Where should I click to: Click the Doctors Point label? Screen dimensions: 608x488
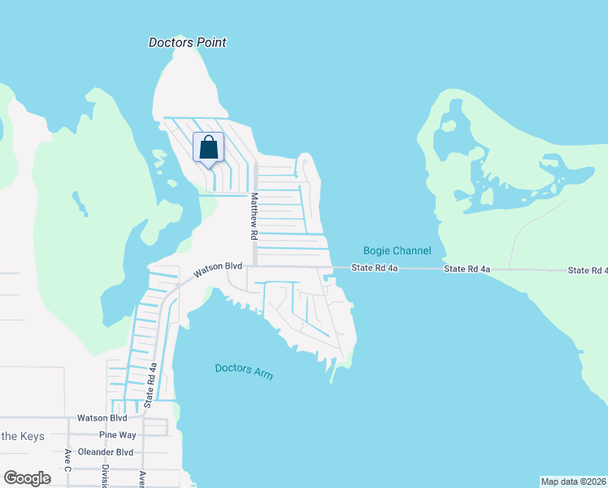tap(187, 42)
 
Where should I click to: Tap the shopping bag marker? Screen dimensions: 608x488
tap(208, 148)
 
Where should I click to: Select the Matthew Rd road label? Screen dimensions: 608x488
tap(254, 216)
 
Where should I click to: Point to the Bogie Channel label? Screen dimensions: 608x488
tap(397, 251)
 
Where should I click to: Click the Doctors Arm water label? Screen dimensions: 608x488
tap(243, 371)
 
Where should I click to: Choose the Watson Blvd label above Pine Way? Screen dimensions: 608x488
tap(102, 418)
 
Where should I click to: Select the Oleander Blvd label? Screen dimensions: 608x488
tap(105, 452)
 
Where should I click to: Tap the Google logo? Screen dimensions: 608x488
tap(27, 478)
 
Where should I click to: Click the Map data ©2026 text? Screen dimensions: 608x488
tap(573, 481)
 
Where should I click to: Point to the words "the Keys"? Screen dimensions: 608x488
tap(21, 436)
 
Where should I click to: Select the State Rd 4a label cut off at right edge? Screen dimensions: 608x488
tap(587, 270)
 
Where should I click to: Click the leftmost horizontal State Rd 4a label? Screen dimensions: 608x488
tap(375, 268)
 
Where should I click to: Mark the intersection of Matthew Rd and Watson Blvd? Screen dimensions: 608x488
tap(255, 266)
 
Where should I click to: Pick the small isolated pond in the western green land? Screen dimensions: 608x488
tap(80, 203)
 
